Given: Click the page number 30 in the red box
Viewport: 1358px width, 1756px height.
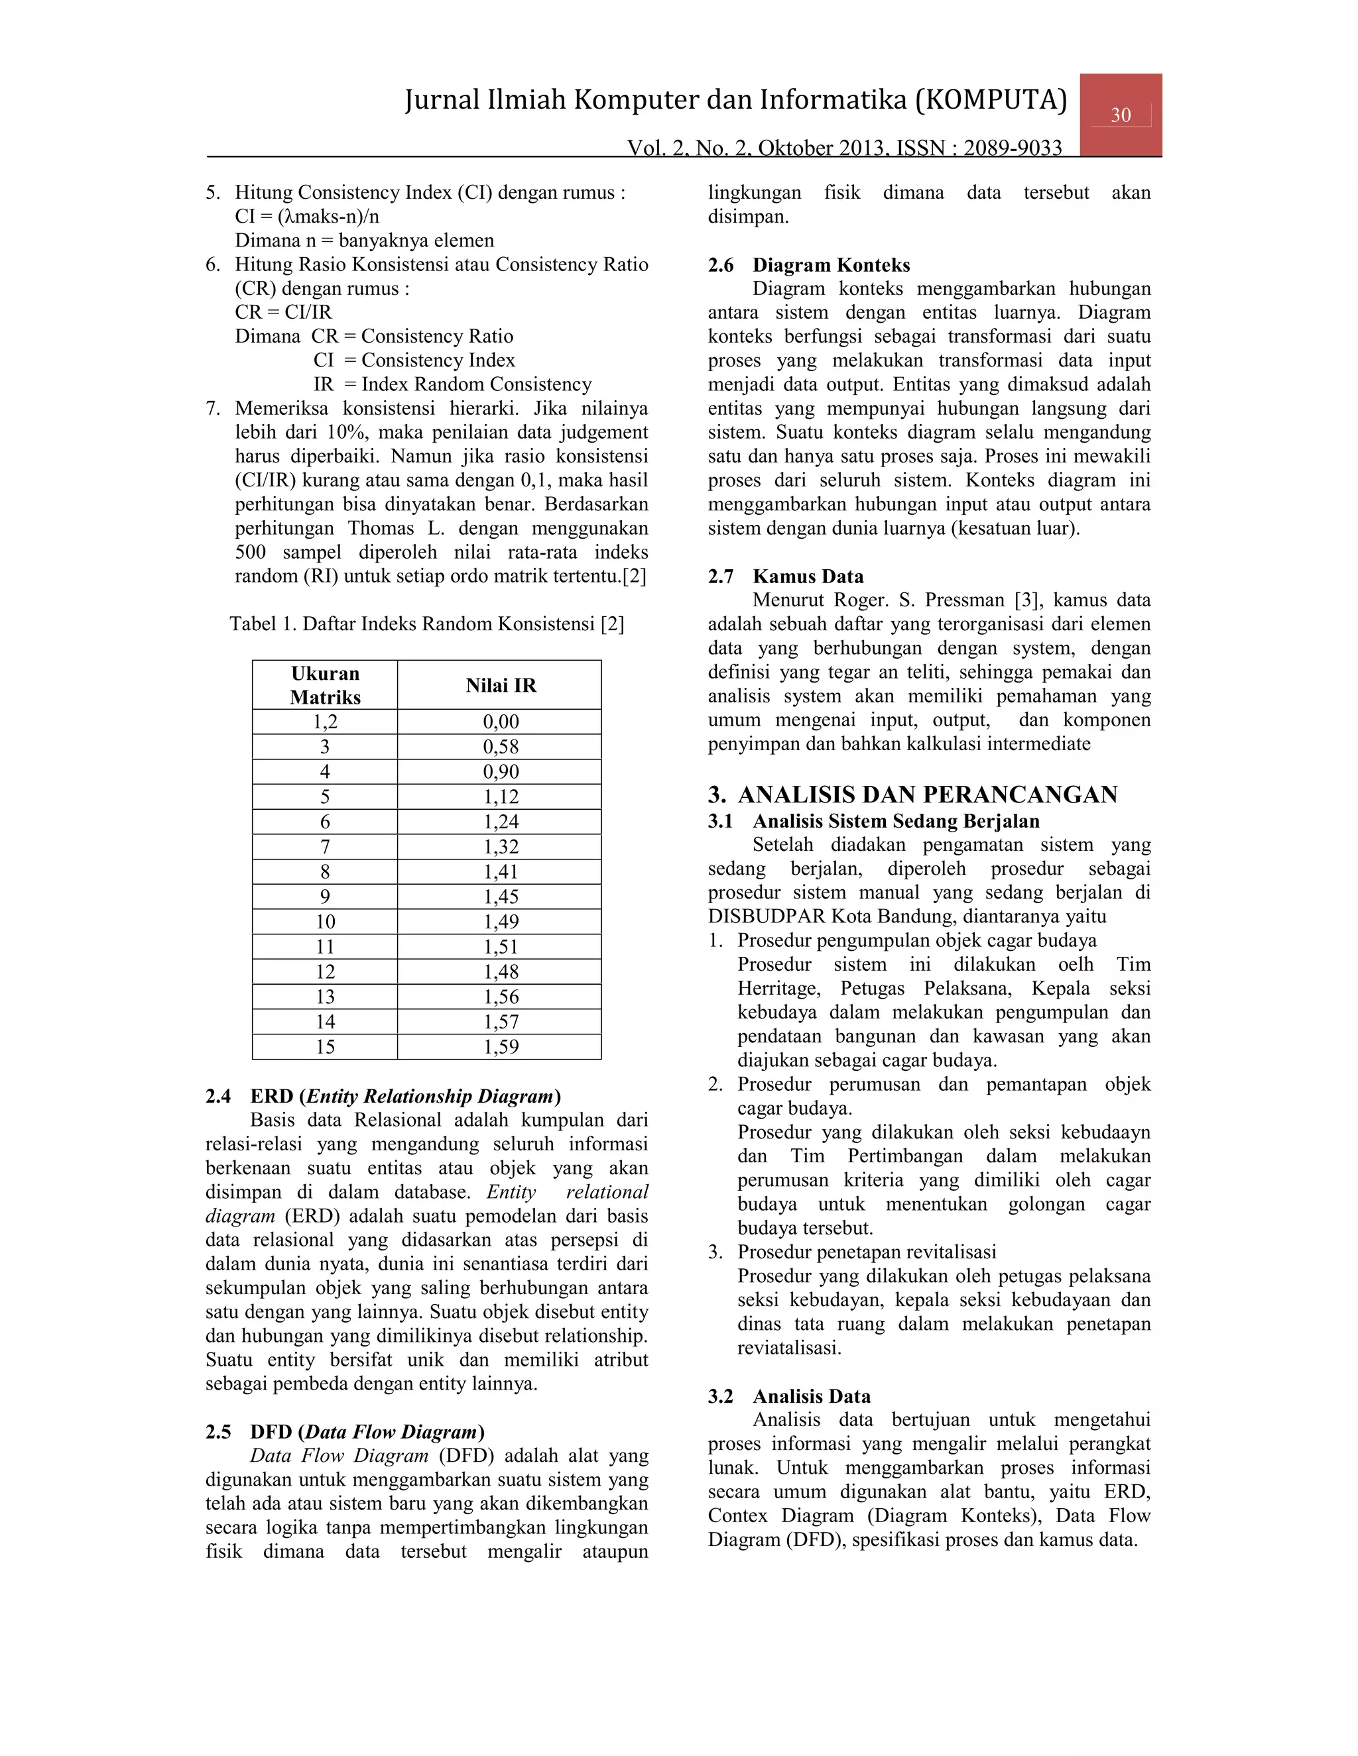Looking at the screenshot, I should pos(1120,115).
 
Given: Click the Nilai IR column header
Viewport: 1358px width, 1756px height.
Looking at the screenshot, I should pos(501,685).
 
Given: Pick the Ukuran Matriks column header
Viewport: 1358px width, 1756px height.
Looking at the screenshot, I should pos(325,685).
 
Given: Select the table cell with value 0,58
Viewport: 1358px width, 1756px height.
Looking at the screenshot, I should pos(501,746).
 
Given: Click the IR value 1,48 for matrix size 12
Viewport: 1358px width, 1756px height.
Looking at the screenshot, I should pos(501,971).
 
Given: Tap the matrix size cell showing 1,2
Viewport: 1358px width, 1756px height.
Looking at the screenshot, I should pos(325,721).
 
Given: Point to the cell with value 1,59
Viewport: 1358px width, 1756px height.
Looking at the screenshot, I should pos(501,1047).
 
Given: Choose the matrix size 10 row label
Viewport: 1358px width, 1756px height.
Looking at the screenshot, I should pos(325,922).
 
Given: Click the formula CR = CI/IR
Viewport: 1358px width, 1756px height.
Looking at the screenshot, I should pos(283,312).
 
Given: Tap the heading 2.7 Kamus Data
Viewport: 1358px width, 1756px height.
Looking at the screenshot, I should pos(785,576).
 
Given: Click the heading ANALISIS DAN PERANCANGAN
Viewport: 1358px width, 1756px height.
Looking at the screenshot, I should pos(927,795).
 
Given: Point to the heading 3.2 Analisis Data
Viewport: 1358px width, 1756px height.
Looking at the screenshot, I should pos(789,1397).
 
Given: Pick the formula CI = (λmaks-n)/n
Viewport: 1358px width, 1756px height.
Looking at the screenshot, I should pos(307,216).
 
